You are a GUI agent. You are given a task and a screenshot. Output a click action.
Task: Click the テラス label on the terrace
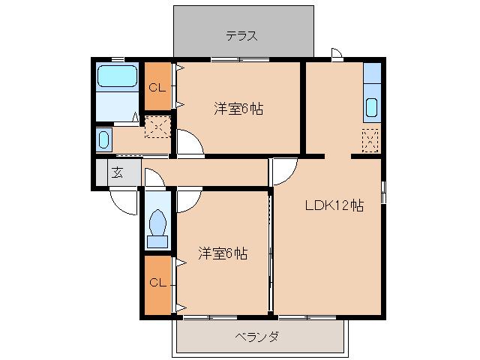(x=243, y=35)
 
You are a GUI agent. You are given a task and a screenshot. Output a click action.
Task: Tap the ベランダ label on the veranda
(x=262, y=337)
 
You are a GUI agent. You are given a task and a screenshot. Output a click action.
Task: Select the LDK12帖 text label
(x=333, y=205)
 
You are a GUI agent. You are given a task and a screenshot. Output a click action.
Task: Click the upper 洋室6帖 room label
(x=238, y=108)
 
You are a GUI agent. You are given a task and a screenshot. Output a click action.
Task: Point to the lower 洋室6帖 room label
(x=223, y=253)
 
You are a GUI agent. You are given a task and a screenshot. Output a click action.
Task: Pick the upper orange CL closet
(x=157, y=86)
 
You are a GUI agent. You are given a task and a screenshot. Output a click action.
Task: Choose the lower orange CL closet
(x=157, y=283)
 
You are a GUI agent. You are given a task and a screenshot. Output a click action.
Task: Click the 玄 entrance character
(x=118, y=172)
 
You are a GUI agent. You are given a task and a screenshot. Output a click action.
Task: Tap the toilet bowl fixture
(x=157, y=223)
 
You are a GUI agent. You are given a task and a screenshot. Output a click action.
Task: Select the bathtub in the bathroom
(x=118, y=76)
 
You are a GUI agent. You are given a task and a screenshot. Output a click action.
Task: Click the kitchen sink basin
(x=371, y=107)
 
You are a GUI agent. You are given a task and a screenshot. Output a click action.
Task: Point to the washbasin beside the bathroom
(x=104, y=139)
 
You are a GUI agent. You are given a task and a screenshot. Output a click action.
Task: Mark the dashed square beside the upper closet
(x=157, y=126)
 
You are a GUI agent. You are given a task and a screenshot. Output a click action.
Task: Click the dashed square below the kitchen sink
(x=370, y=139)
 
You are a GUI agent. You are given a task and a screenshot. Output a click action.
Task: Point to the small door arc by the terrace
(x=337, y=54)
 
